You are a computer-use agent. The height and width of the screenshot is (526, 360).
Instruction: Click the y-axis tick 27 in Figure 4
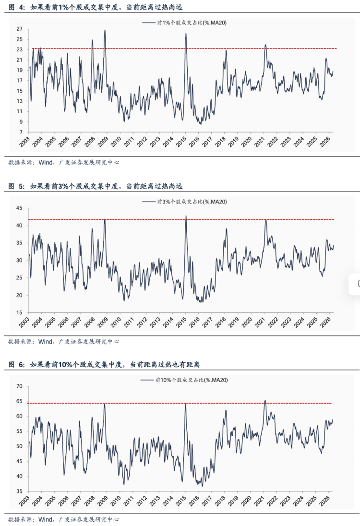click(x=20, y=29)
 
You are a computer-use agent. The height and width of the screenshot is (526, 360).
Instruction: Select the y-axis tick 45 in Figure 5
click(x=20, y=208)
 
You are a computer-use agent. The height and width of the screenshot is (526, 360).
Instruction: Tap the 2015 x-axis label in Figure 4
click(x=184, y=143)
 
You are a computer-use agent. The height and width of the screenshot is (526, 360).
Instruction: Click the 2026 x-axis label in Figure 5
click(x=329, y=322)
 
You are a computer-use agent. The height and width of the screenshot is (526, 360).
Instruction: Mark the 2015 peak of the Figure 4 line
click(x=186, y=33)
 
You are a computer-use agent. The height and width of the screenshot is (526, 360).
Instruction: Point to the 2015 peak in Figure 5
click(x=186, y=216)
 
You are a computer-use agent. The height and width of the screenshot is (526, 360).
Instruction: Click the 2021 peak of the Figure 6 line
click(x=265, y=401)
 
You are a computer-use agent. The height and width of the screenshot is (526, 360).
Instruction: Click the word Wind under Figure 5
click(x=45, y=342)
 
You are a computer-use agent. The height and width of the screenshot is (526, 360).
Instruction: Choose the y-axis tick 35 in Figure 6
click(x=20, y=491)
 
